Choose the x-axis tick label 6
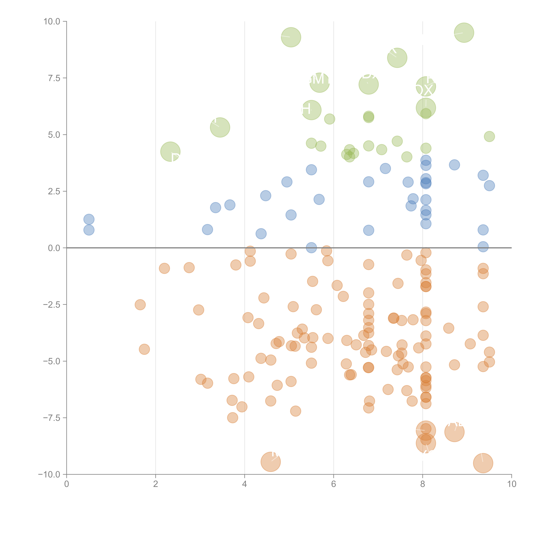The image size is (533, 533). (334, 484)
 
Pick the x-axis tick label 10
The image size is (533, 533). (511, 484)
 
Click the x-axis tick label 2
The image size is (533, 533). (156, 484)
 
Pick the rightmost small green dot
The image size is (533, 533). (489, 136)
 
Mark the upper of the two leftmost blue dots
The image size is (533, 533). (89, 219)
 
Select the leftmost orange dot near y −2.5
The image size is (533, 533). (140, 305)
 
